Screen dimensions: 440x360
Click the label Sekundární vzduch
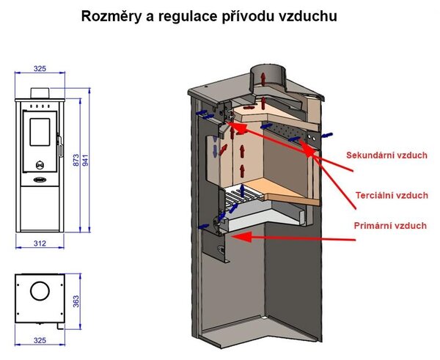tap(386, 155)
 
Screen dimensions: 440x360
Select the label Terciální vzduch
tap(392, 195)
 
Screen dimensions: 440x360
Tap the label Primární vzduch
tap(390, 226)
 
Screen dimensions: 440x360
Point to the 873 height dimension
tap(76, 160)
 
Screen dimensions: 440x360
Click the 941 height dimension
tap(85, 160)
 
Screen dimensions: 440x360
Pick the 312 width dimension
tap(40, 243)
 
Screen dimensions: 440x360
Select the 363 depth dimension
tap(76, 301)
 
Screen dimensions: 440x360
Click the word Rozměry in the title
tap(111, 16)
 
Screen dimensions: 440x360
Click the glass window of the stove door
tap(40, 132)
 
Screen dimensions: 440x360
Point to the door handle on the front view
tap(60, 146)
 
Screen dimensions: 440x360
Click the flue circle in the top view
tap(40, 290)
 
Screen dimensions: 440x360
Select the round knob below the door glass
tap(40, 165)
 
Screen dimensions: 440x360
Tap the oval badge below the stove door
tap(40, 180)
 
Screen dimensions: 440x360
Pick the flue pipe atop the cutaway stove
tap(268, 78)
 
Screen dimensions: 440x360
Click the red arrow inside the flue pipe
tap(263, 78)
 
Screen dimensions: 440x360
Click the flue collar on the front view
tap(40, 93)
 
